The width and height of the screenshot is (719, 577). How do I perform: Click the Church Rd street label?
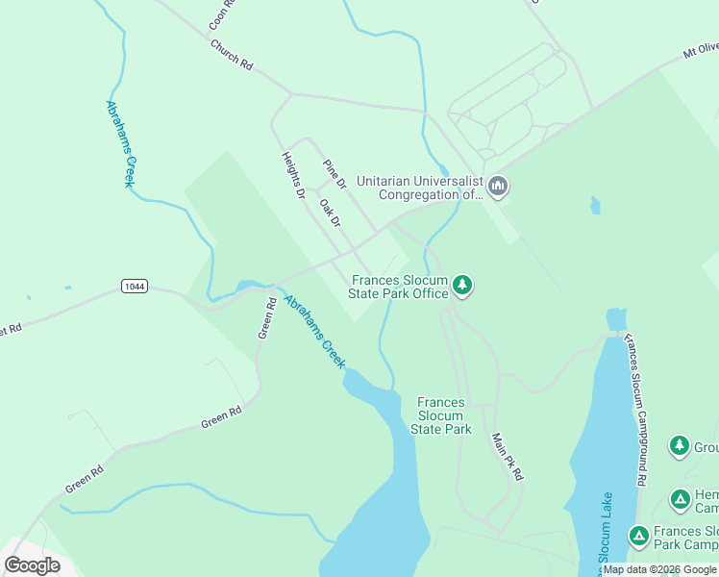[231, 55]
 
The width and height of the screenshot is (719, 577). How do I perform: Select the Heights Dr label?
[292, 175]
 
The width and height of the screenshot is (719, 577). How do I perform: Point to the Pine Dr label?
[334, 174]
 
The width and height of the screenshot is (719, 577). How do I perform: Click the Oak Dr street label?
[330, 213]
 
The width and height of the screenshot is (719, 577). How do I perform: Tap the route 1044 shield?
[135, 287]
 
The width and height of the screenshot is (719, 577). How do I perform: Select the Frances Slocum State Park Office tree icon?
[462, 286]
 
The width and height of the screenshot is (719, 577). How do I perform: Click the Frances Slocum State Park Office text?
[398, 287]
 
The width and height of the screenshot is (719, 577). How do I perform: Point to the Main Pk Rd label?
[508, 457]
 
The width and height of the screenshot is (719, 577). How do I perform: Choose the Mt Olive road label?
[701, 49]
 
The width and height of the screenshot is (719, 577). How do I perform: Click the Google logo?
[32, 565]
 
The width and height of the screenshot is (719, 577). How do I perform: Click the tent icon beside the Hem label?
[680, 499]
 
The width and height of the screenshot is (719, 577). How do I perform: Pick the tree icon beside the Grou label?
[680, 446]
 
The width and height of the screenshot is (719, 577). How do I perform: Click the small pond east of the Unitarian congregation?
[596, 206]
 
